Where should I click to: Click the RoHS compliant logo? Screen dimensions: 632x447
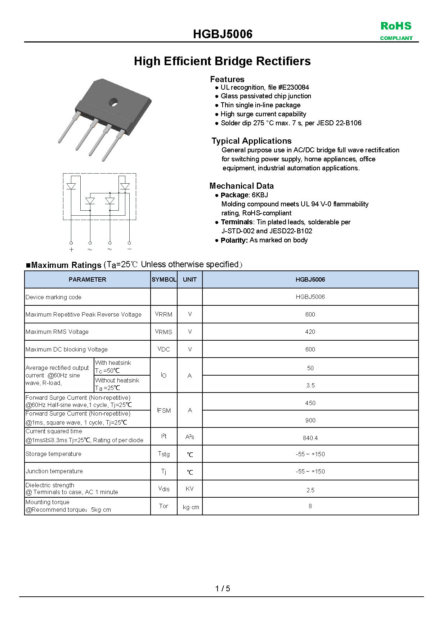(396, 31)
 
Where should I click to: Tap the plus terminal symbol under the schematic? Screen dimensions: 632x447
(71, 249)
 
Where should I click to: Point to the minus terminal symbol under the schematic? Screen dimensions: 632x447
(129, 249)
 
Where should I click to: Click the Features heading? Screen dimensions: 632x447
(227, 79)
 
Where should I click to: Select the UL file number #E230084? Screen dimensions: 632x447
(294, 88)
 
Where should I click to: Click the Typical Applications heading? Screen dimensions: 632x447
(251, 141)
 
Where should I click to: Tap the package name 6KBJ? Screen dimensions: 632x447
(260, 195)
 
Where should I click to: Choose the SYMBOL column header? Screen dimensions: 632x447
(164, 279)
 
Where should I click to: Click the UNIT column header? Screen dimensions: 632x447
(190, 279)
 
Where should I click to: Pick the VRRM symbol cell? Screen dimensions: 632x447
(164, 314)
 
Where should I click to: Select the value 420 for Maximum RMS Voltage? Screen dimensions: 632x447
(310, 332)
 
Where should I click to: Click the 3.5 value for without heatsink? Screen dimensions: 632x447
(310, 385)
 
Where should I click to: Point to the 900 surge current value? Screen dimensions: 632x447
(310, 420)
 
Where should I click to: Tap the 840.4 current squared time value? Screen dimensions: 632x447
(310, 438)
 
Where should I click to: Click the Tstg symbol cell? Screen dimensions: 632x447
(164, 454)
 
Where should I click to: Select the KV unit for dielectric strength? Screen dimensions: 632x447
(190, 489)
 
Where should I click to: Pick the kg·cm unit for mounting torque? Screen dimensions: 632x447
(191, 507)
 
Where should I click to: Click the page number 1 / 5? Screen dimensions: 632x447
(223, 588)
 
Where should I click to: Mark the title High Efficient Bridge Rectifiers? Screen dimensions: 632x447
(222, 61)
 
